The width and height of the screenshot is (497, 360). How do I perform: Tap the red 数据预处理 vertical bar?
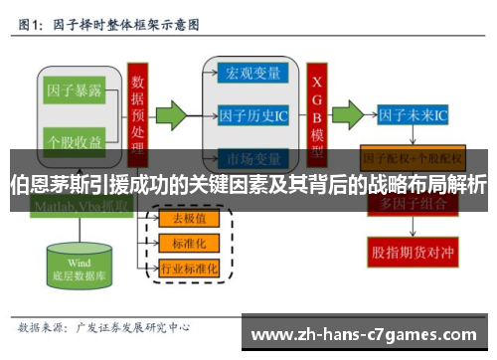click(138, 109)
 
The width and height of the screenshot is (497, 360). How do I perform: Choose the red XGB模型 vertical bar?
click(318, 109)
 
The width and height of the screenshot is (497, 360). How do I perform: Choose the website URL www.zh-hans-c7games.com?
click(367, 333)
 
